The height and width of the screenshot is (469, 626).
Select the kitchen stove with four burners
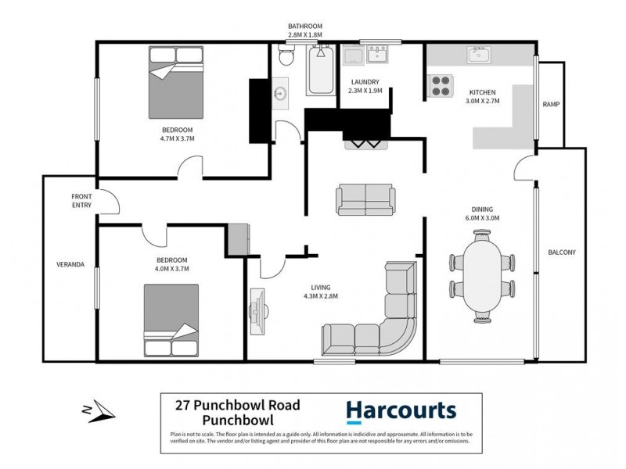tap(441, 84)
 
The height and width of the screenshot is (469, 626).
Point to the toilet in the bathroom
tap(286, 56)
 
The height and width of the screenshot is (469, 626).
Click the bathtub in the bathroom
tap(319, 70)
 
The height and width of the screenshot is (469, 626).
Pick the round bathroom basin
tap(281, 93)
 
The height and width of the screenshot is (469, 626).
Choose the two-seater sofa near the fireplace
tap(365, 199)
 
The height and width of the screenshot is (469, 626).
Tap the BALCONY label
tap(561, 252)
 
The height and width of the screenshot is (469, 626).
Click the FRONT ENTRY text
tap(81, 201)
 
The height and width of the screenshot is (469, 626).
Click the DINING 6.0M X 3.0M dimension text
tap(481, 213)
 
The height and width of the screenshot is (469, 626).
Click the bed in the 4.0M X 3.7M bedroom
tap(171, 320)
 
